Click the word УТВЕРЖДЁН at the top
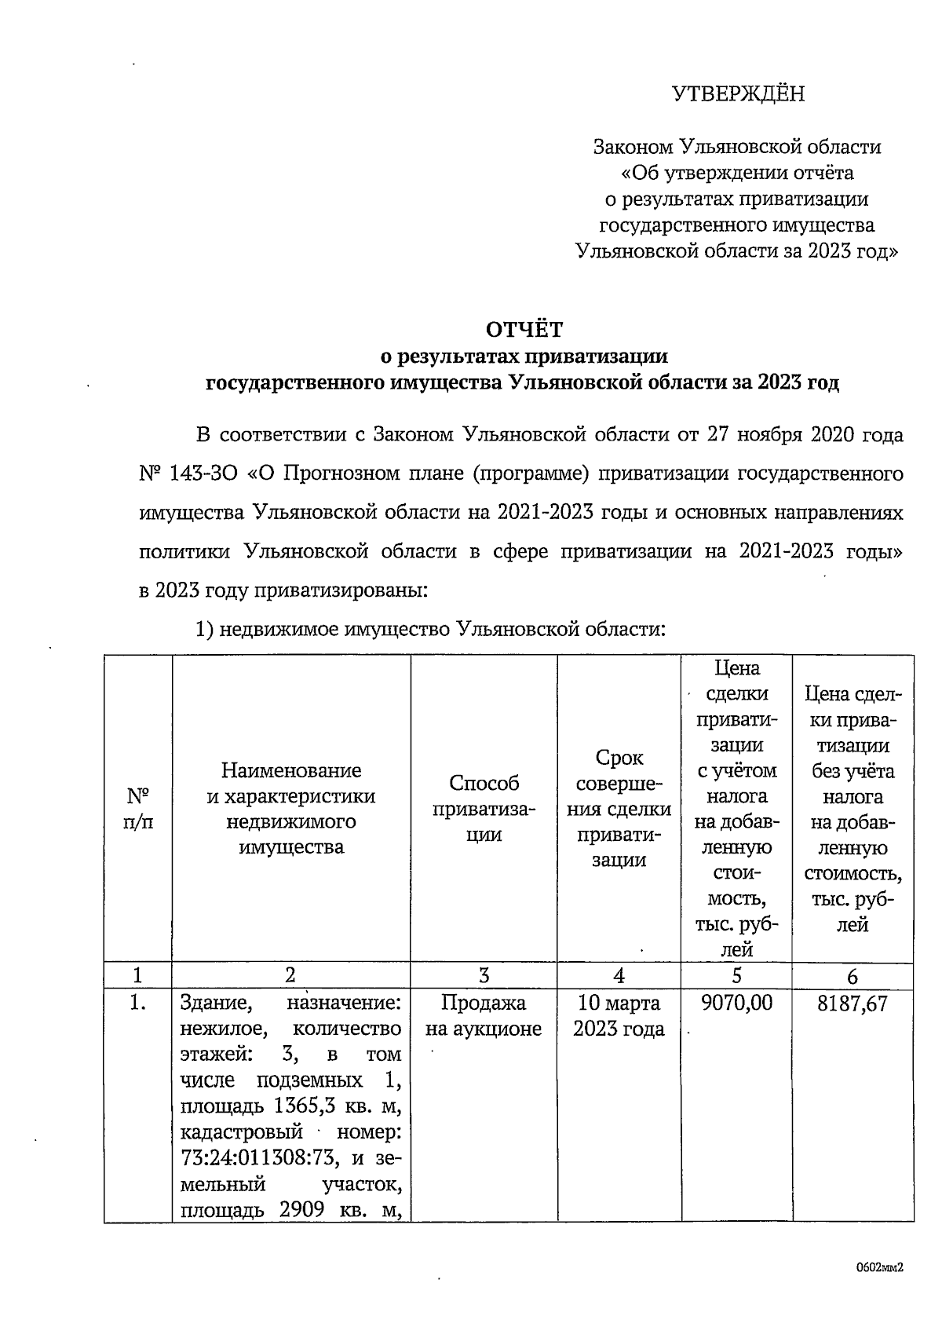tap(738, 94)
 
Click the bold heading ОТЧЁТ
tap(524, 329)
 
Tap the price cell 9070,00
tap(736, 1003)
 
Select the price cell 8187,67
tap(853, 1003)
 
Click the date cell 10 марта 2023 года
tap(619, 1015)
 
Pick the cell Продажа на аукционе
tap(484, 1015)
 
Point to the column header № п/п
tap(138, 809)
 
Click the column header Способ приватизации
tap(484, 809)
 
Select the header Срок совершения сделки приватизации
tap(619, 809)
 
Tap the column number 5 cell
tap(736, 975)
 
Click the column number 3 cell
tap(484, 975)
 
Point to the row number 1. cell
tap(138, 1003)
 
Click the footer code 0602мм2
tap(879, 1267)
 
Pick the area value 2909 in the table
tap(302, 1210)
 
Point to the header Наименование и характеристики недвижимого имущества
tap(290, 809)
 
